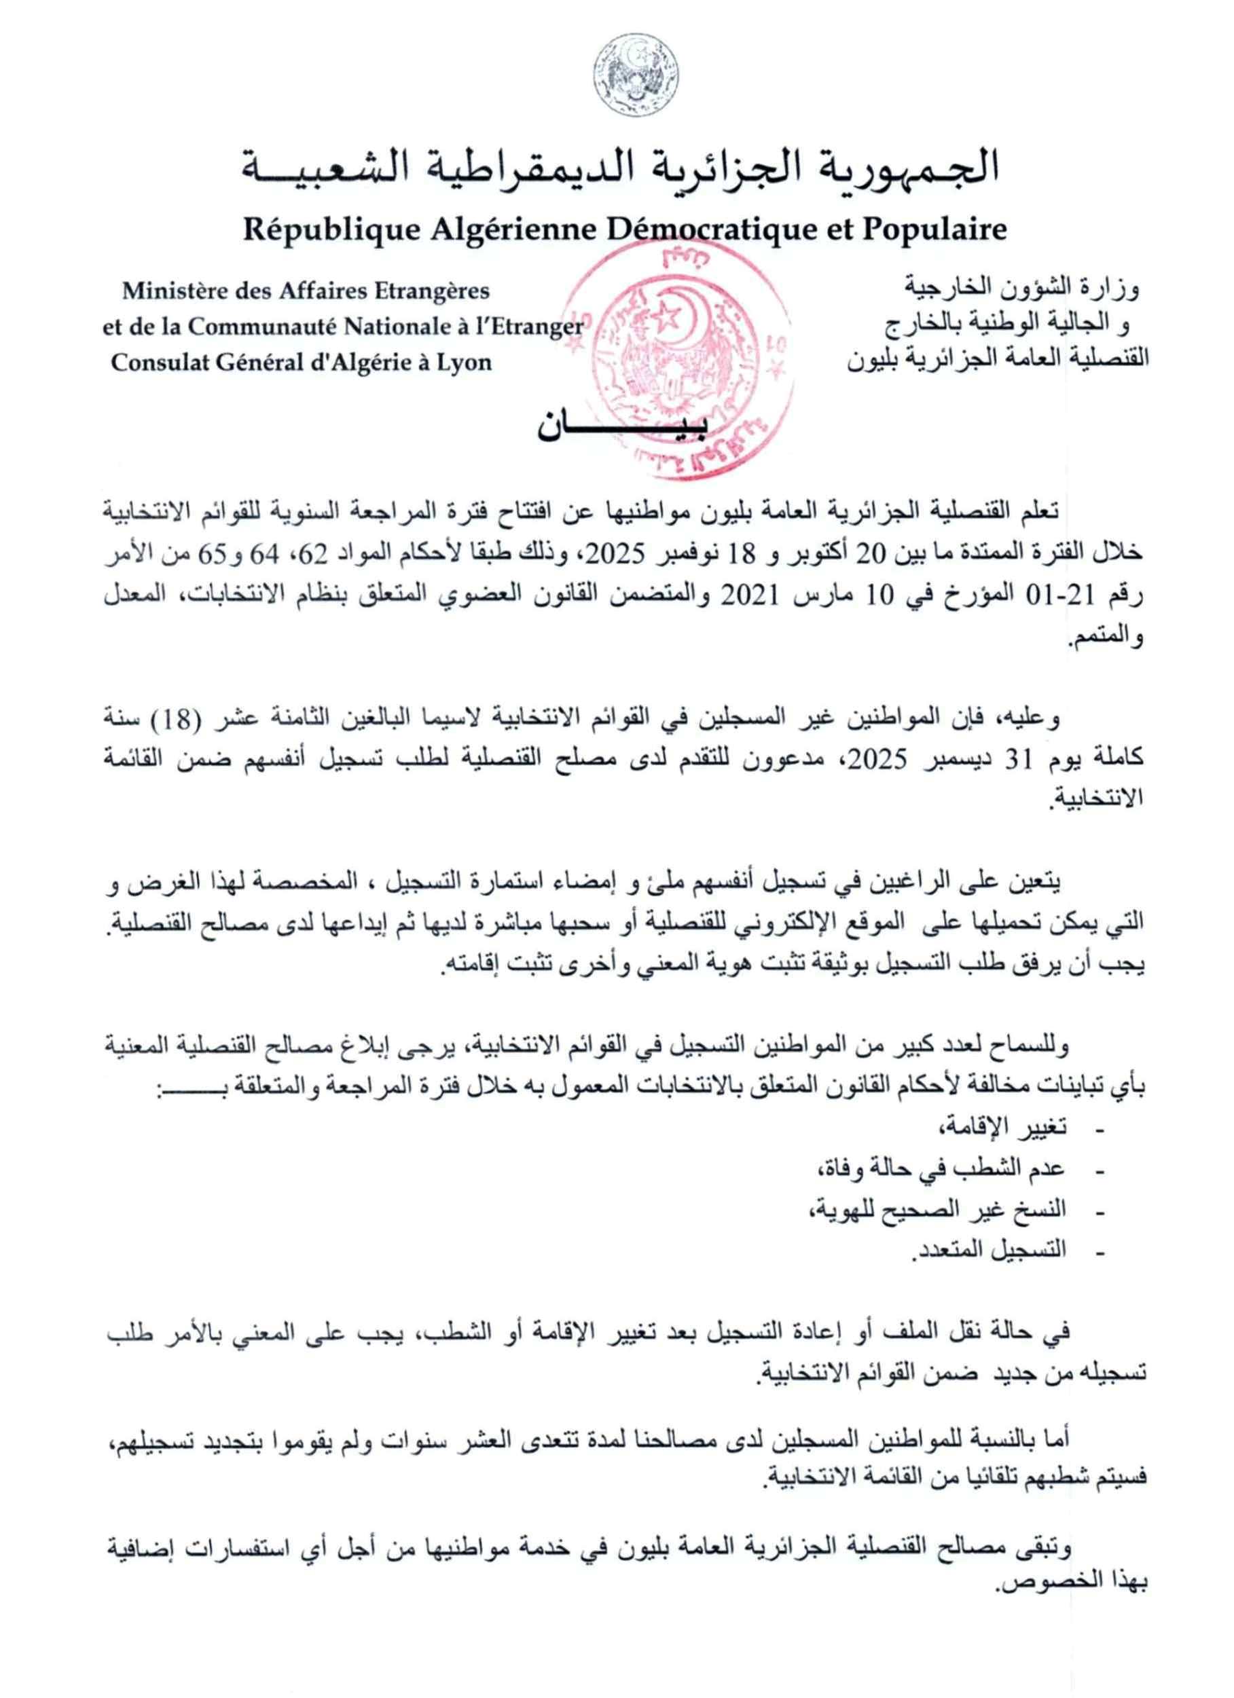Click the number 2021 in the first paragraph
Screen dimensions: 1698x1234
click(749, 596)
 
